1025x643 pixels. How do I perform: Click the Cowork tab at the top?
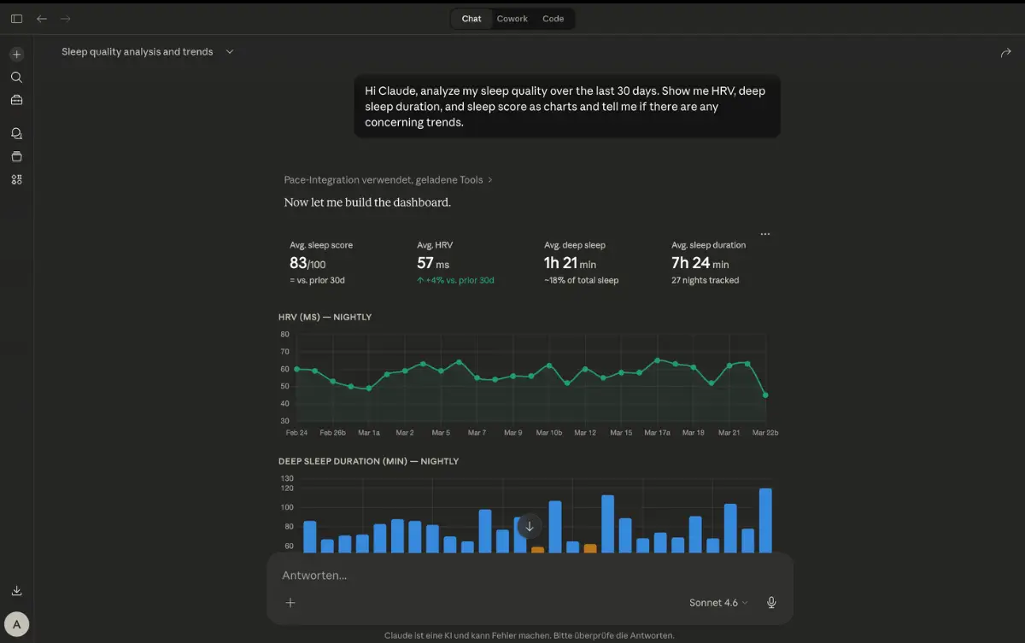pyautogui.click(x=512, y=19)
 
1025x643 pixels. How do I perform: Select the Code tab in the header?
pyautogui.click(x=553, y=19)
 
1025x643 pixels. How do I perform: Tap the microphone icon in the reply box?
pyautogui.click(x=771, y=602)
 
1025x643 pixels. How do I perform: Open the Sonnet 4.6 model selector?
pyautogui.click(x=718, y=603)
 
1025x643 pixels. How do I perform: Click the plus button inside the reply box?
pyautogui.click(x=290, y=603)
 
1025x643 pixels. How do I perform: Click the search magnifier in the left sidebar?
pyautogui.click(x=16, y=78)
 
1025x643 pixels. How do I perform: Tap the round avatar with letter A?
pyautogui.click(x=16, y=624)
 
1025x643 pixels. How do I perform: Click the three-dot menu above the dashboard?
pyautogui.click(x=765, y=234)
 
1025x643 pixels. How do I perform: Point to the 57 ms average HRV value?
pyautogui.click(x=433, y=263)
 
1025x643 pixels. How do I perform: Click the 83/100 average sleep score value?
pyautogui.click(x=307, y=263)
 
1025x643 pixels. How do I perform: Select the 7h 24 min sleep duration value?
pyautogui.click(x=700, y=263)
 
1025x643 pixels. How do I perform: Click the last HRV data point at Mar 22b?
pyautogui.click(x=765, y=395)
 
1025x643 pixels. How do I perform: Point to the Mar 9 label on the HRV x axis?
pyautogui.click(x=513, y=433)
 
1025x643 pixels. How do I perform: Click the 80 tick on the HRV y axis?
pyautogui.click(x=284, y=334)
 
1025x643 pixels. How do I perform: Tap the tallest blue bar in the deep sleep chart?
pyautogui.click(x=765, y=520)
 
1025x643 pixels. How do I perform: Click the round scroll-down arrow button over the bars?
pyautogui.click(x=530, y=526)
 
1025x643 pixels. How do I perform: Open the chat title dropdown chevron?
pyautogui.click(x=230, y=52)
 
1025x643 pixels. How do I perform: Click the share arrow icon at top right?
pyautogui.click(x=1005, y=53)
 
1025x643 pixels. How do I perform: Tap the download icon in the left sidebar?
pyautogui.click(x=16, y=590)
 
